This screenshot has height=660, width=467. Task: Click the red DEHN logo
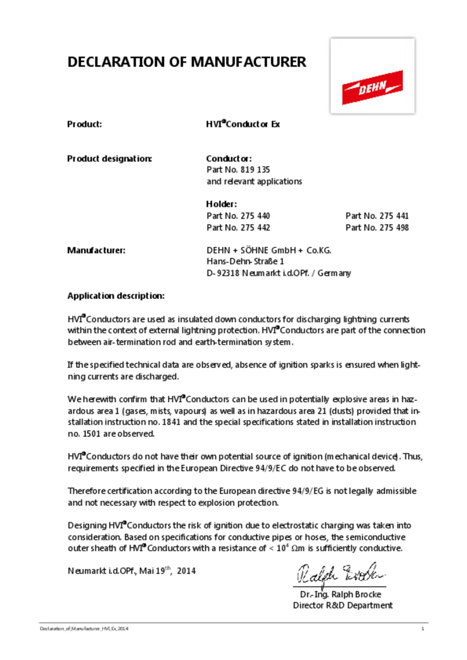pos(372,87)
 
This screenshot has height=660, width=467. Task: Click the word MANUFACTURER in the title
pos(248,62)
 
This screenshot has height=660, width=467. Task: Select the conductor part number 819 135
pos(255,170)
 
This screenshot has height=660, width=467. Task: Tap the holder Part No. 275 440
pos(238,216)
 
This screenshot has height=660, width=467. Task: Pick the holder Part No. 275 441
pos(377,216)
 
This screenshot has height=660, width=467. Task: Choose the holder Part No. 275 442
pos(238,228)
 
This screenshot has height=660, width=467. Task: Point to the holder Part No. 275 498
pos(377,228)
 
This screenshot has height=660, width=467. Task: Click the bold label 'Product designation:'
pos(109,159)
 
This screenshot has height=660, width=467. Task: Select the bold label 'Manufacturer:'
pos(96,250)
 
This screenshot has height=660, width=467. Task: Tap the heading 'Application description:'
pos(116,296)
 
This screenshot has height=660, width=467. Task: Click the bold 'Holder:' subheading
pos(221,204)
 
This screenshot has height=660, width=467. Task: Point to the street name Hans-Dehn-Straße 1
pos(245,262)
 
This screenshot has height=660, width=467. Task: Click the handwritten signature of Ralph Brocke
pos(339,574)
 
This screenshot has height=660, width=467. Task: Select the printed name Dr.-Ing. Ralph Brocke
pos(340,594)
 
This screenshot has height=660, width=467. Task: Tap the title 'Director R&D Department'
pos(343,606)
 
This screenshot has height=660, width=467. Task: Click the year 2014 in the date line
pos(186,571)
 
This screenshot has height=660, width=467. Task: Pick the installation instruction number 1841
pos(171,422)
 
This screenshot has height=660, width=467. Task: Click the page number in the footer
pos(423,629)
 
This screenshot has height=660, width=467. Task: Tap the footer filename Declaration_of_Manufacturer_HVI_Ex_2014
pos(84,629)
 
